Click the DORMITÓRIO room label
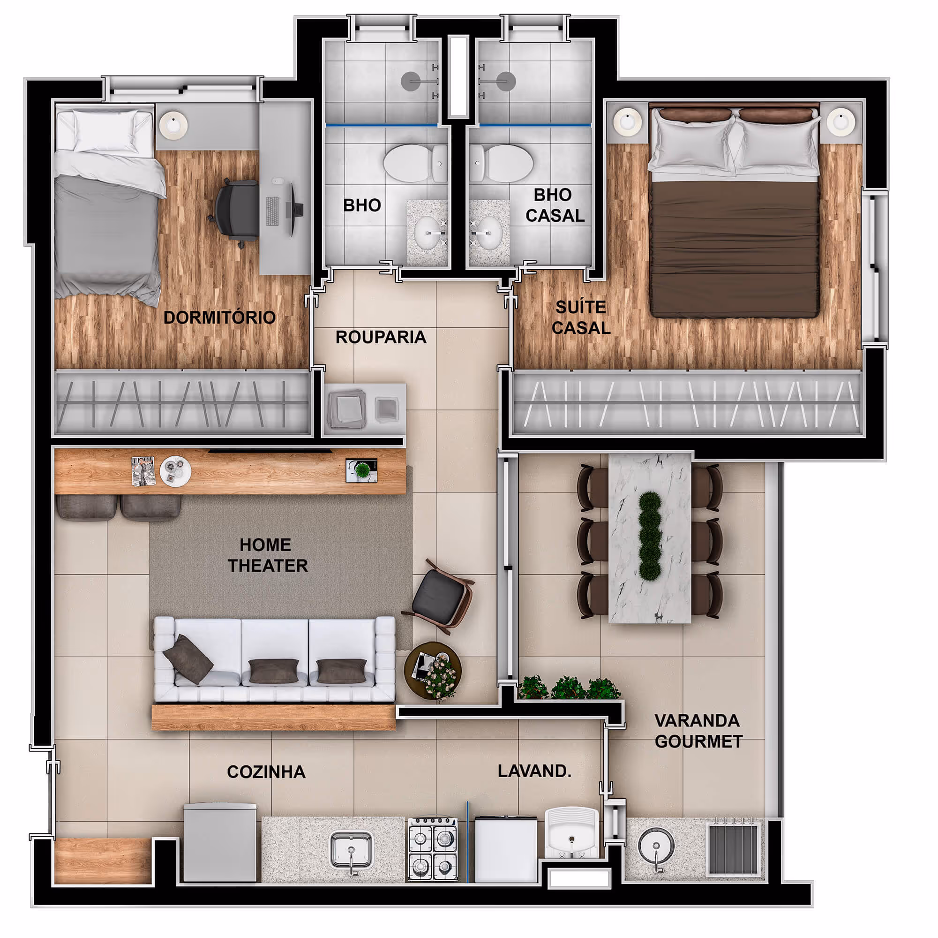(219, 318)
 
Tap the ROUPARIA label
(381, 337)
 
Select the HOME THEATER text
(268, 555)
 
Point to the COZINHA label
(266, 772)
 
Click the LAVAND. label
(534, 771)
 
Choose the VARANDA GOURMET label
(698, 731)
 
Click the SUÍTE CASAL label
(581, 318)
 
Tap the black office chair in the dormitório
(235, 212)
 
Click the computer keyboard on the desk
(272, 212)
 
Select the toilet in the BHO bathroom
(416, 163)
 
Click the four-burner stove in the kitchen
(432, 848)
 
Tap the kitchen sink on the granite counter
(352, 849)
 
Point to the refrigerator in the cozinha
(220, 843)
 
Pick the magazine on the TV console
(144, 471)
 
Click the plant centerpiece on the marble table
(650, 536)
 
